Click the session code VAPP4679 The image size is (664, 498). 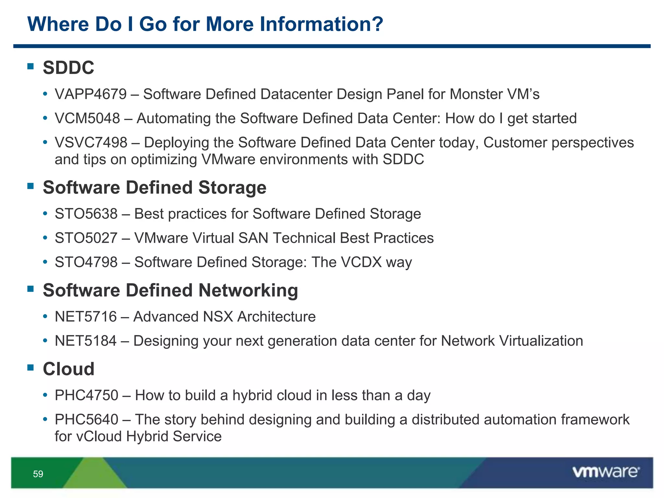(x=90, y=94)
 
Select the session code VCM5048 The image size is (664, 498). (x=87, y=118)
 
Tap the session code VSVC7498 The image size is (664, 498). (x=91, y=143)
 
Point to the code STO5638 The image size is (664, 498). (x=86, y=214)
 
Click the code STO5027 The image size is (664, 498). (x=86, y=238)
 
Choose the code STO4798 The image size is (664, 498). (x=86, y=262)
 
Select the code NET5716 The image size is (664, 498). (x=86, y=317)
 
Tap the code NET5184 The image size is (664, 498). (x=86, y=341)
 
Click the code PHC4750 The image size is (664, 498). (x=86, y=396)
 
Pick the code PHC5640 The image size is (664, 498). (x=86, y=420)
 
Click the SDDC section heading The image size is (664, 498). (x=68, y=68)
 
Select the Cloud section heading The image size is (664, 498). (x=68, y=369)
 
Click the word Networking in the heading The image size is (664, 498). (x=248, y=290)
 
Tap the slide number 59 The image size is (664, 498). (x=38, y=474)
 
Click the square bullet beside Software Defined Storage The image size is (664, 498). (x=31, y=186)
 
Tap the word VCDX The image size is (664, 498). (x=361, y=262)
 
